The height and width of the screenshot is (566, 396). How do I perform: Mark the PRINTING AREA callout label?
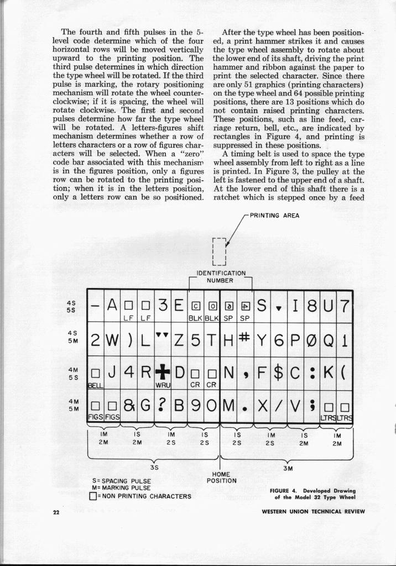coord(274,216)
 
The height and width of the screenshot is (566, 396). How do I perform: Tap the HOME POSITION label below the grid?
coord(222,477)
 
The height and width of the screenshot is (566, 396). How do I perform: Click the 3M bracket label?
coord(288,468)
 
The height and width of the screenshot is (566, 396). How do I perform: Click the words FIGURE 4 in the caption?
coord(285,490)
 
